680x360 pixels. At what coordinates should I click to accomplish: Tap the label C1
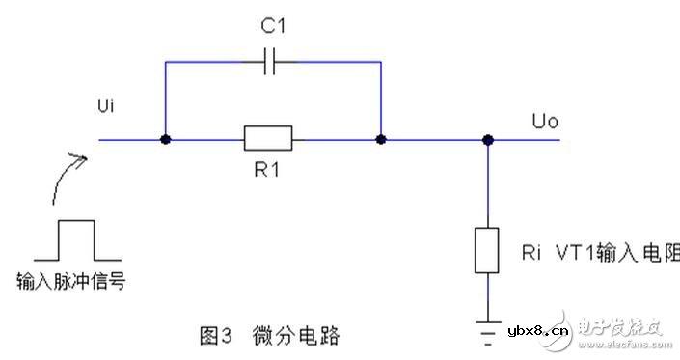coord(273,26)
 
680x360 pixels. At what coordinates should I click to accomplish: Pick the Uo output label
coord(545,123)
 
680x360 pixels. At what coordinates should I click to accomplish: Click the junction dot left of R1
coord(166,140)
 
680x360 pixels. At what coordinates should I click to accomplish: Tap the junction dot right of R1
coord(382,140)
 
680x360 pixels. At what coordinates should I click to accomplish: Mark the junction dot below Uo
coord(489,140)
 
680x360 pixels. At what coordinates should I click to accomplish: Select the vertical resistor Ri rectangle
coord(488,250)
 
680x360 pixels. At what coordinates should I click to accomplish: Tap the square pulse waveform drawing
coord(77,241)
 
